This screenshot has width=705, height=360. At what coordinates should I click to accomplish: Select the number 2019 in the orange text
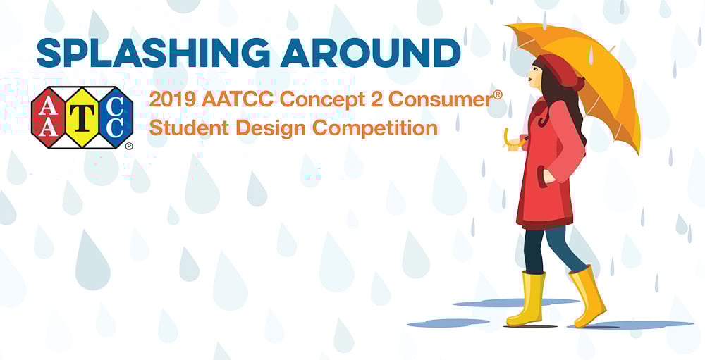click(x=173, y=100)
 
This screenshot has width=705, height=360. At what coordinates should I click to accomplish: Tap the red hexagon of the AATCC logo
click(x=48, y=118)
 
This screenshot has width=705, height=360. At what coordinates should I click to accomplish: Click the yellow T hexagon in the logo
click(x=82, y=118)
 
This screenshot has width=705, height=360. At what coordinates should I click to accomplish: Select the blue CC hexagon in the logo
click(x=116, y=118)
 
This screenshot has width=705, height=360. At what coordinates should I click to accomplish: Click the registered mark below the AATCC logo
click(x=129, y=146)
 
